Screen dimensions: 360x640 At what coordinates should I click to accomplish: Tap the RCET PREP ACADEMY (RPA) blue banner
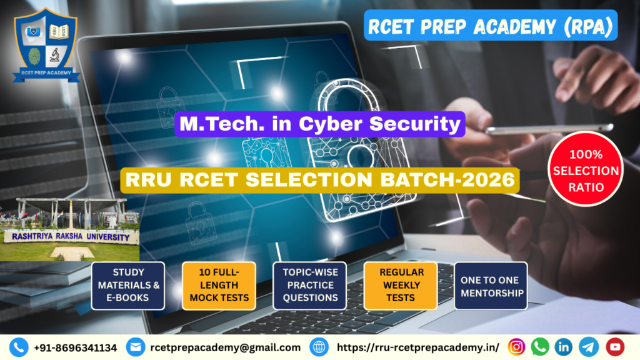(x=490, y=26)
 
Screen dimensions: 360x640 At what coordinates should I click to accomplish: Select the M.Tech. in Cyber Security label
(x=319, y=124)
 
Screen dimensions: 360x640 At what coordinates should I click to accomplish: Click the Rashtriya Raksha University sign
(x=67, y=237)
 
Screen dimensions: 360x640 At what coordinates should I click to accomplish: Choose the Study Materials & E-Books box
(x=128, y=285)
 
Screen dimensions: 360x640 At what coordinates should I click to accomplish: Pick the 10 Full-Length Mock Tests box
(x=219, y=285)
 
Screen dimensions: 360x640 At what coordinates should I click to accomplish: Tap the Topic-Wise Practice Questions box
(x=310, y=285)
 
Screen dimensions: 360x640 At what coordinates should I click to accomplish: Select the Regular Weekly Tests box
(x=401, y=285)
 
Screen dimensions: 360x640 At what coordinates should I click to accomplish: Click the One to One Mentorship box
(x=491, y=285)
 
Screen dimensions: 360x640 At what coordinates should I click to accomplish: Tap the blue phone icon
(x=19, y=347)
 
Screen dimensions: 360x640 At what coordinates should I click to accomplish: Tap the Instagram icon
(x=516, y=347)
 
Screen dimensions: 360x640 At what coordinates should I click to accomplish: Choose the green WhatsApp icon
(x=540, y=347)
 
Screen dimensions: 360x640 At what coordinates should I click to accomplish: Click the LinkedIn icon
(x=564, y=347)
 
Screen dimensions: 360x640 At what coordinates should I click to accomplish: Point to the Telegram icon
(x=589, y=347)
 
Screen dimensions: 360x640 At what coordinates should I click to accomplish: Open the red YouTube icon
(x=615, y=347)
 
